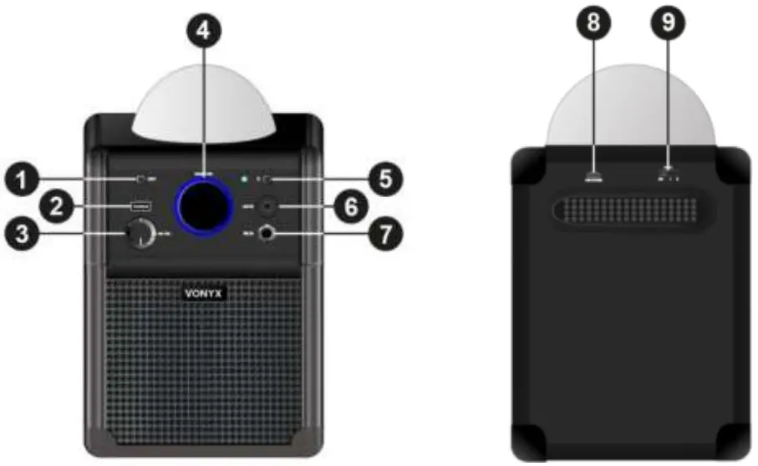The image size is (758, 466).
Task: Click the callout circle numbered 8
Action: click(x=594, y=23)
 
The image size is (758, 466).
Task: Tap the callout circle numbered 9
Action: click(x=668, y=23)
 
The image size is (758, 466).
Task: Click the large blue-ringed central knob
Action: click(x=203, y=207)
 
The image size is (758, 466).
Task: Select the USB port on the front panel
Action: click(x=139, y=206)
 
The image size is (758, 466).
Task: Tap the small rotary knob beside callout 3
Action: click(x=139, y=236)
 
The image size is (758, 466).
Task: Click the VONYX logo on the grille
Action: click(x=203, y=293)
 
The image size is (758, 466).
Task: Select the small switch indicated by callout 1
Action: click(x=141, y=178)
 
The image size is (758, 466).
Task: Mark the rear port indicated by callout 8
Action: click(x=594, y=176)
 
